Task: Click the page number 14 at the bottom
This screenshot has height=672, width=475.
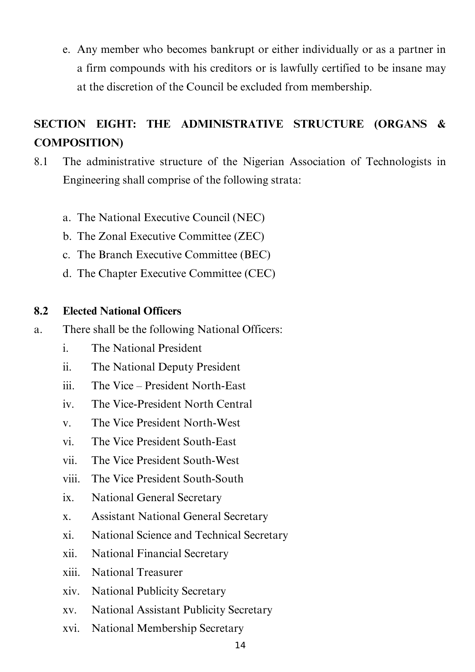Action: (240, 646)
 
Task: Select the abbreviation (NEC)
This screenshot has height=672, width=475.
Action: (249, 218)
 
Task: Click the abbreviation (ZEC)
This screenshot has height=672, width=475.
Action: (249, 236)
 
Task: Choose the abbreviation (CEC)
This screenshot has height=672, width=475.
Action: (260, 274)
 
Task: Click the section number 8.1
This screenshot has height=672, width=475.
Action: (41, 162)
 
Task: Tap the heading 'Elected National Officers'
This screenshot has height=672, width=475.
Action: (122, 311)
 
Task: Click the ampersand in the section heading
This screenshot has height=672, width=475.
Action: (441, 124)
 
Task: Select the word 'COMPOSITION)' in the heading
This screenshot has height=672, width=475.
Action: (78, 143)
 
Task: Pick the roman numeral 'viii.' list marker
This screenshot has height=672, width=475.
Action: (71, 479)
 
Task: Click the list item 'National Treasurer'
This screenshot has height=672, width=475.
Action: (137, 572)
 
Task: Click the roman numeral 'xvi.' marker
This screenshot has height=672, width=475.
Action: (71, 628)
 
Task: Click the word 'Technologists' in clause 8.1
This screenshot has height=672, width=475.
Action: (398, 162)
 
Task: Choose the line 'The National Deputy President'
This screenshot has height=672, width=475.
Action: (166, 367)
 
